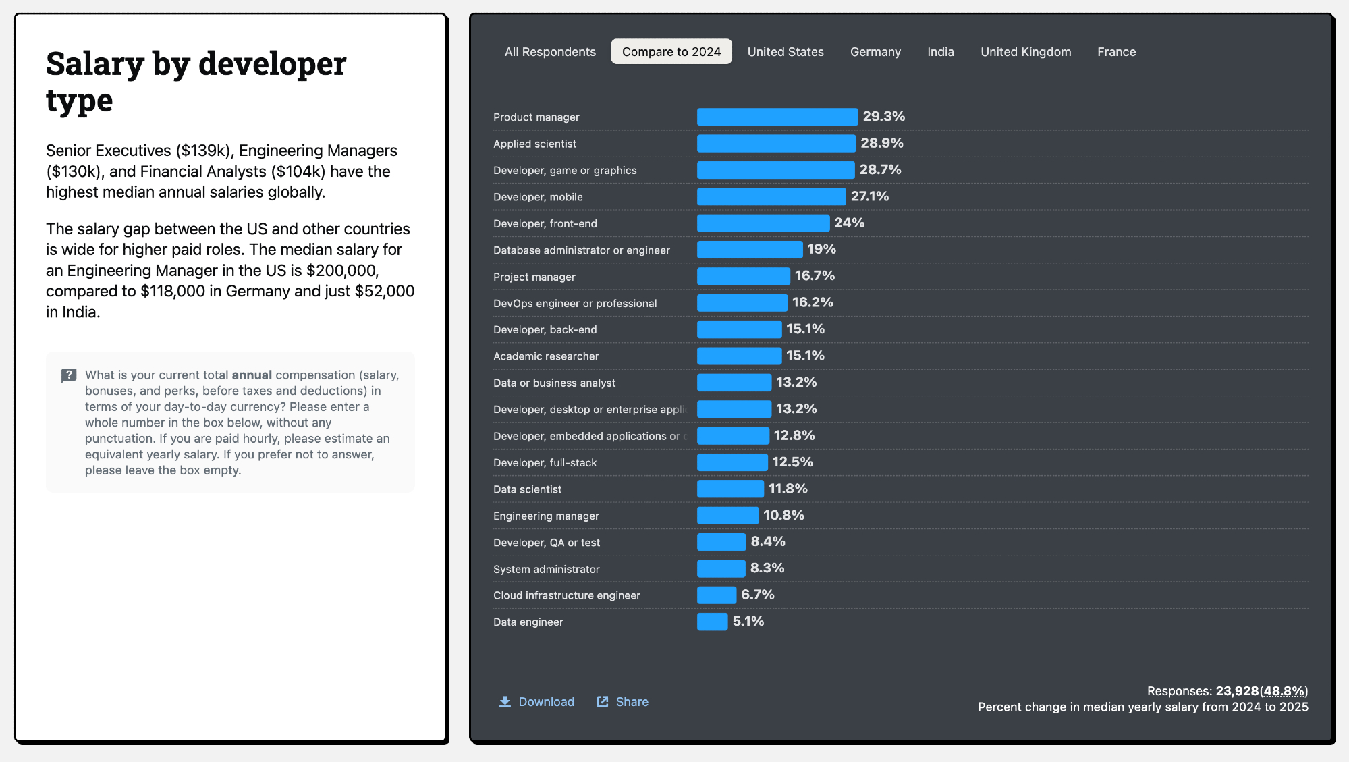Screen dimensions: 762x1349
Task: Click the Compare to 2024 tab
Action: [671, 52]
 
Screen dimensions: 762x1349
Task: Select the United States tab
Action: [785, 52]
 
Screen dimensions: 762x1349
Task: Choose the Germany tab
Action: [875, 52]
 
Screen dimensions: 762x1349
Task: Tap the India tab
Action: [940, 52]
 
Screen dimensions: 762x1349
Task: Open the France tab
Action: [1116, 52]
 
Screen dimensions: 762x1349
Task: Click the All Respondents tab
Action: [550, 52]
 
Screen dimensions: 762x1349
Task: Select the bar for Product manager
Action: [777, 117]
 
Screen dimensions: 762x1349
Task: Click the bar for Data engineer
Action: [712, 622]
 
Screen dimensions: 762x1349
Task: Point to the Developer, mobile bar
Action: [771, 196]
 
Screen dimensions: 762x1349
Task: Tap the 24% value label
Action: [849, 223]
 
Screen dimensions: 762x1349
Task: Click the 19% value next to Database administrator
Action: [821, 249]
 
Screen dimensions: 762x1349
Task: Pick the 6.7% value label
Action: [757, 595]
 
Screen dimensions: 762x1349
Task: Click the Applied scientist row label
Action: [534, 144]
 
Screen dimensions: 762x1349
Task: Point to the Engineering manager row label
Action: [546, 516]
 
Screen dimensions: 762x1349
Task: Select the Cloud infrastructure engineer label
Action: [566, 595]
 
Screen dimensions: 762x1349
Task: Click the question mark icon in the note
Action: [69, 375]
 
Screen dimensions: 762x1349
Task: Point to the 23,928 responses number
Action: [1236, 691]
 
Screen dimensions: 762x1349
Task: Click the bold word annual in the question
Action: [252, 375]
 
